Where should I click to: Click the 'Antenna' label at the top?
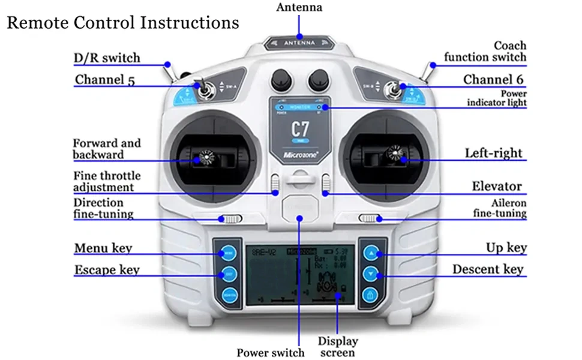(x=299, y=8)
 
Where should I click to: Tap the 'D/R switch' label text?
(x=107, y=58)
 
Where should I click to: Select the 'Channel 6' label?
(x=493, y=80)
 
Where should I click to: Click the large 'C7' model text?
(x=300, y=128)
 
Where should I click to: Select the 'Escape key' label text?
(x=107, y=270)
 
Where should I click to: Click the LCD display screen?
(x=299, y=274)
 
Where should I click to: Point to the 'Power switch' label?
(x=270, y=353)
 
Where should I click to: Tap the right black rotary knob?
(x=317, y=79)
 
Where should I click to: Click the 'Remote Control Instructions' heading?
(x=122, y=23)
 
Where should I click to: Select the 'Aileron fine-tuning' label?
(x=500, y=208)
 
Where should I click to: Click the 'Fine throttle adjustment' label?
(x=107, y=182)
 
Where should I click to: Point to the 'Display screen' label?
(x=338, y=347)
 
